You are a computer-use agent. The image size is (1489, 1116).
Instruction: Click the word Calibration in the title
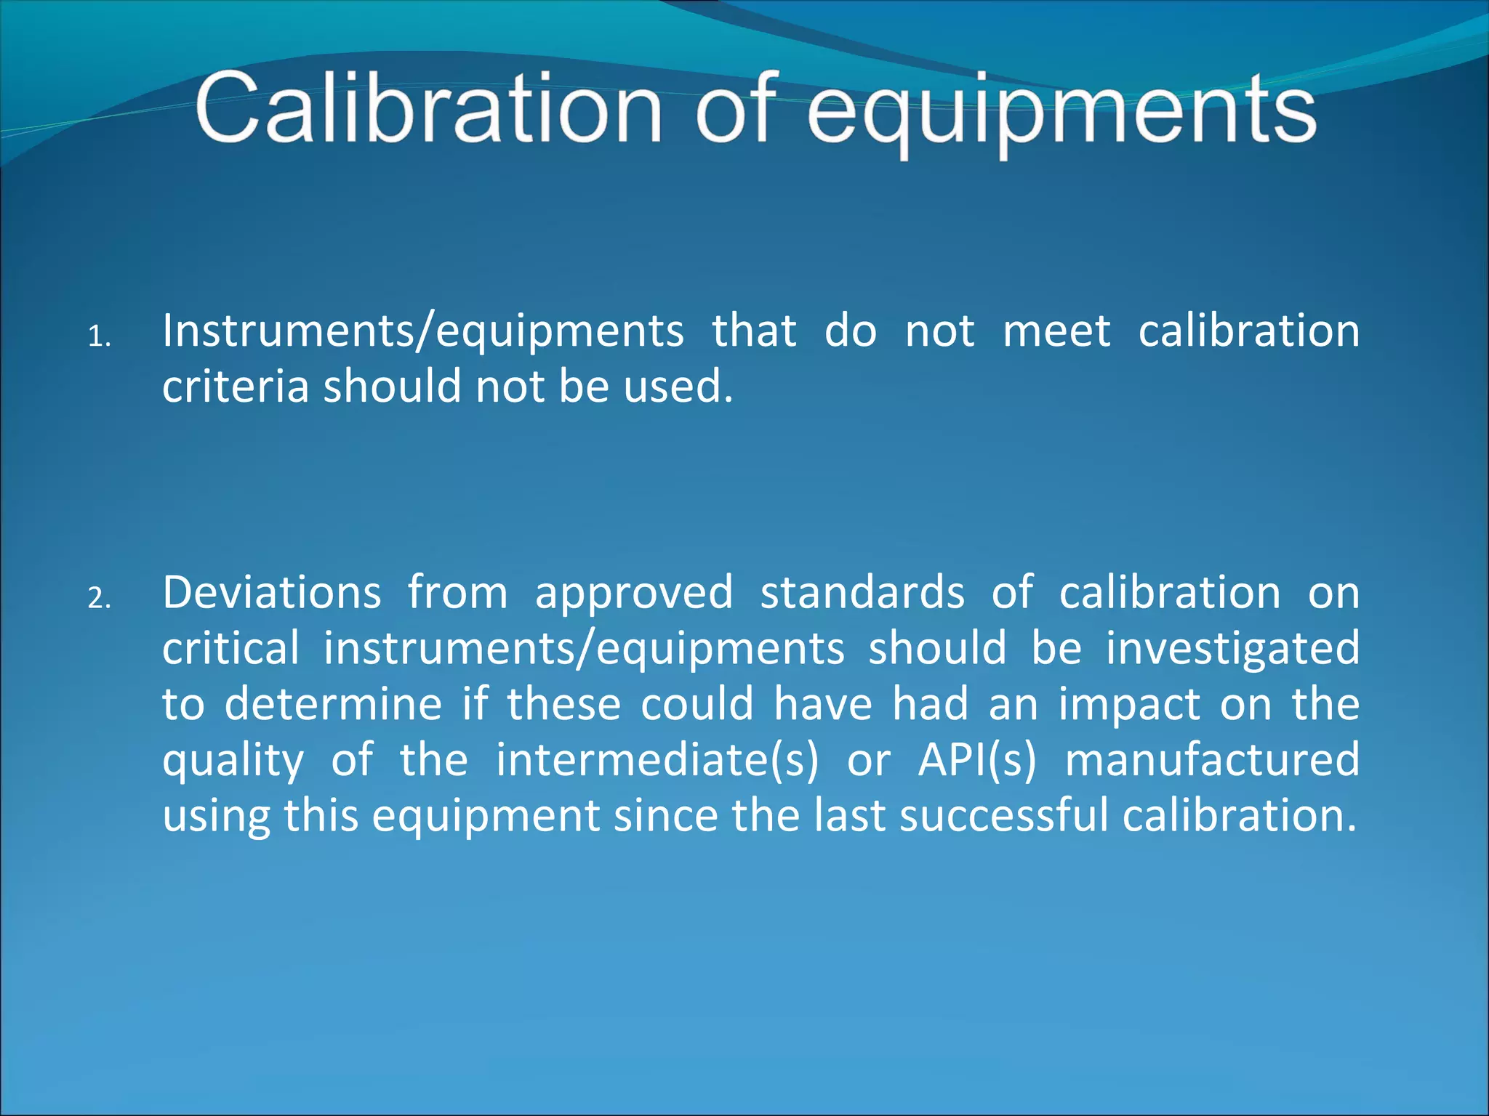click(429, 109)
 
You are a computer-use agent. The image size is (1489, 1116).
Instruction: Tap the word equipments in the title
click(1061, 113)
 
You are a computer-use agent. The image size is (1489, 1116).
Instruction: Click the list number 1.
click(98, 337)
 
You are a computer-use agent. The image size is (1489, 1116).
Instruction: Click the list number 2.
click(98, 599)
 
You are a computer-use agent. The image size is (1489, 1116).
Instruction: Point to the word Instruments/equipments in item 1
click(422, 331)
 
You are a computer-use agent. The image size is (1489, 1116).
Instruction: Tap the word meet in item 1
click(1056, 331)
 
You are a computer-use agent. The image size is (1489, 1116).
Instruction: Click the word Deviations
click(271, 593)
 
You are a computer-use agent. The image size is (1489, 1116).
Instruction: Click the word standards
click(862, 593)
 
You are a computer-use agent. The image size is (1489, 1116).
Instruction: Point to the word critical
click(230, 648)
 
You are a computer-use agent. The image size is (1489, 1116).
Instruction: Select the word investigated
click(1232, 650)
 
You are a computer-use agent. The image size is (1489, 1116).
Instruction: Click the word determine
click(333, 704)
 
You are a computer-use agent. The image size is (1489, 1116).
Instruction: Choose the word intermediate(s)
click(657, 760)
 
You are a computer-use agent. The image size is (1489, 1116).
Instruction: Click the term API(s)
click(976, 760)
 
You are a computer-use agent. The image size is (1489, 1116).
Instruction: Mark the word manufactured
click(1212, 760)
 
